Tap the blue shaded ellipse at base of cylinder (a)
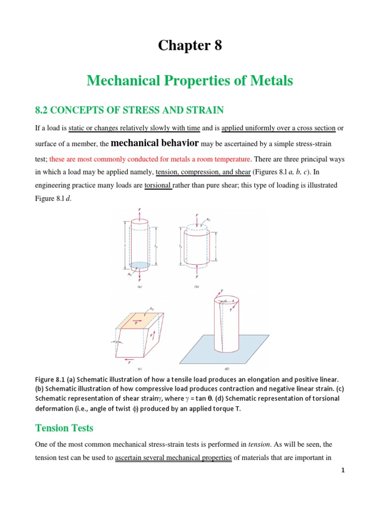(140, 265)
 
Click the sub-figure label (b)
(197, 287)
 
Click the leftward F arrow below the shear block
(128, 360)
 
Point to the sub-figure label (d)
(227, 369)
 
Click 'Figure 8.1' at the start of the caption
(51, 379)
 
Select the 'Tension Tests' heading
(64, 427)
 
